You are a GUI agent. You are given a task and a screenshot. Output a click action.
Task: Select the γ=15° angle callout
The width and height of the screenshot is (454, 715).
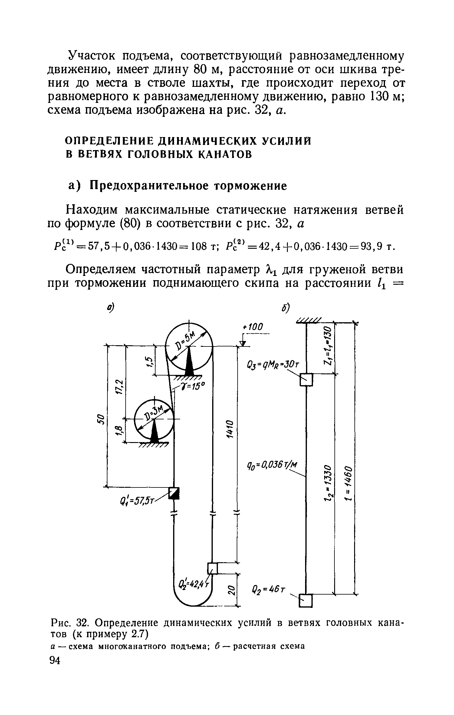point(194,387)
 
